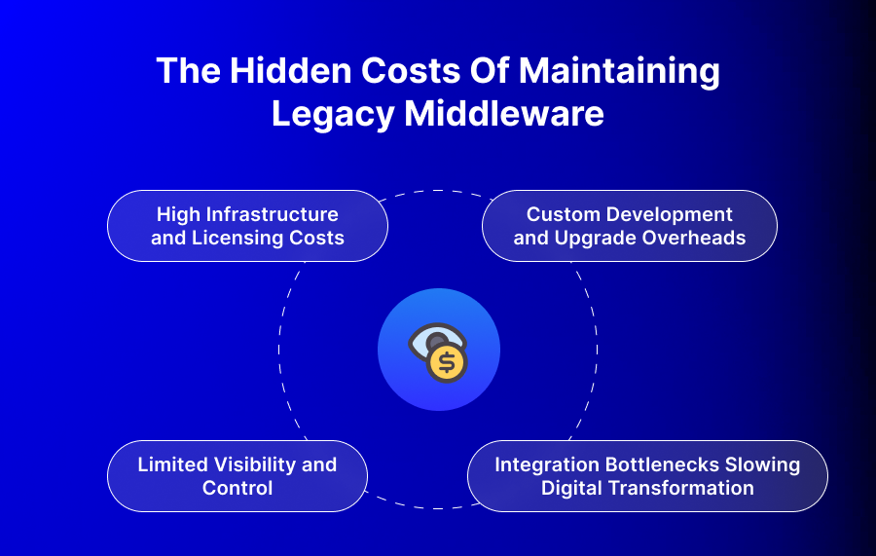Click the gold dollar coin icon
448,363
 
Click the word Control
237,488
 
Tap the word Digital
571,488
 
